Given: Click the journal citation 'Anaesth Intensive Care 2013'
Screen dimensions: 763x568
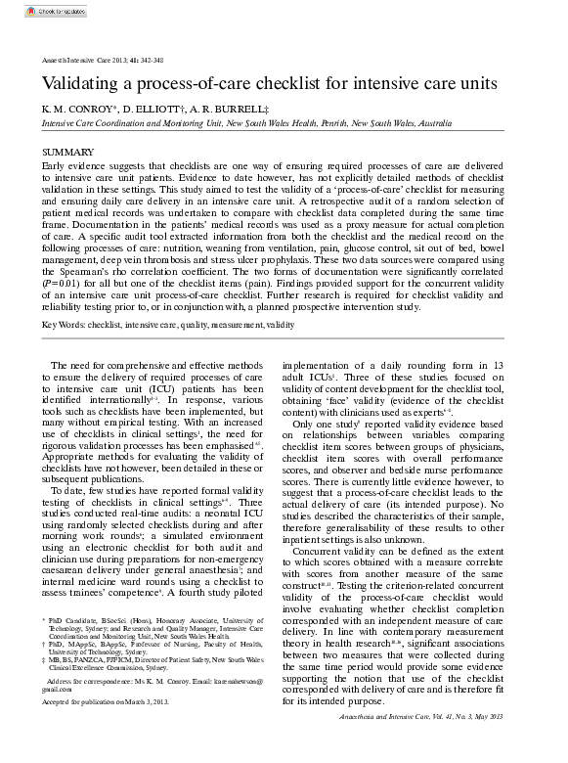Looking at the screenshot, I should pos(82,60).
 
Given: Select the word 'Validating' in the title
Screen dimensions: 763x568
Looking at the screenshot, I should pos(86,84).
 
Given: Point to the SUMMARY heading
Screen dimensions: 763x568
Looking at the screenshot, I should pos(68,153).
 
